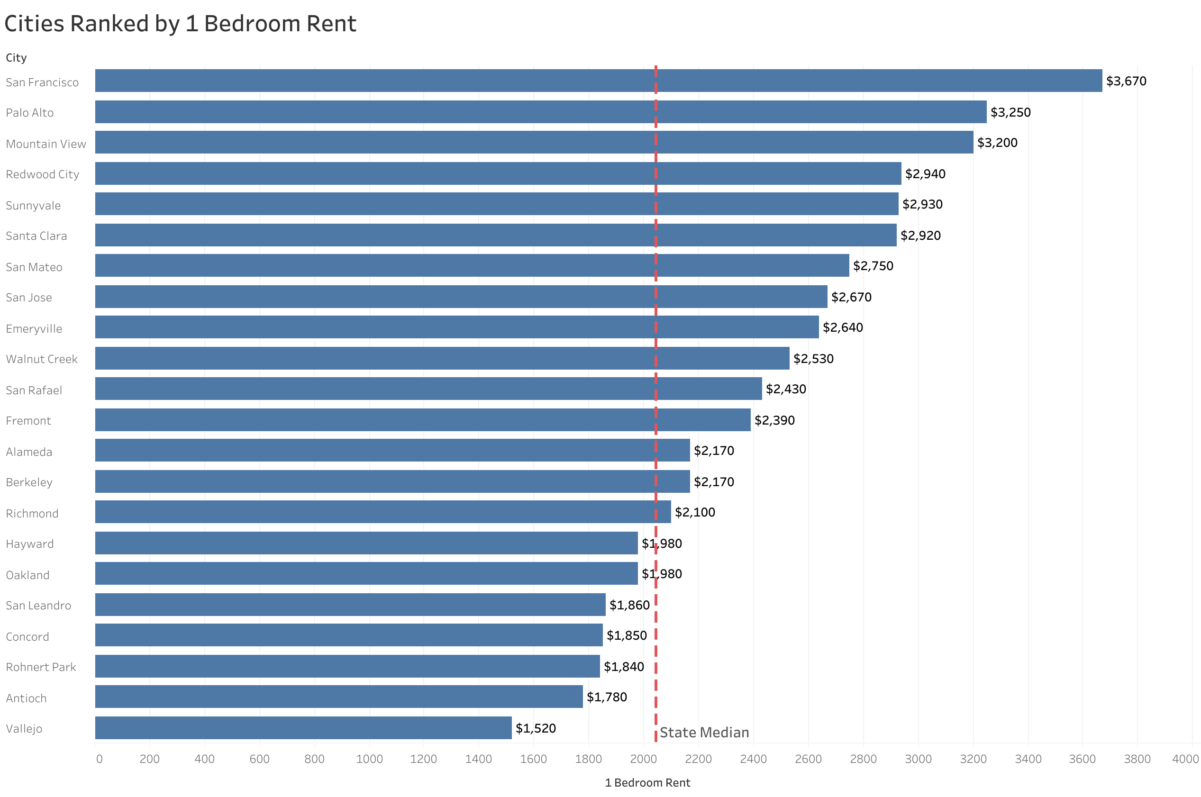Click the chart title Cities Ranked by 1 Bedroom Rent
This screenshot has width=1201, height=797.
[x=180, y=24]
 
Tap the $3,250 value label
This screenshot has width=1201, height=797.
[x=1010, y=112]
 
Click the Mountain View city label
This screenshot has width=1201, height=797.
[x=46, y=144]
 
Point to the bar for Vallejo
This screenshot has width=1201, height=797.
[x=303, y=728]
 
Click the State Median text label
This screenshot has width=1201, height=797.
[x=704, y=733]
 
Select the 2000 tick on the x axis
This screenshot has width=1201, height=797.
[x=643, y=759]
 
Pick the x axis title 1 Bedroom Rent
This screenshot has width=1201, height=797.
[x=647, y=783]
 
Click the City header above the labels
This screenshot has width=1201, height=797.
[x=16, y=58]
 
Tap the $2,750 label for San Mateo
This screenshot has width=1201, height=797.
[x=873, y=266]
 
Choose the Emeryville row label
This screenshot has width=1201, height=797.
[x=34, y=329]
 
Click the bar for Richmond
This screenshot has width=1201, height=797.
[x=382, y=512]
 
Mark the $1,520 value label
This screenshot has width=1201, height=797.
[x=535, y=728]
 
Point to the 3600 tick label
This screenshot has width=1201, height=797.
[x=1082, y=759]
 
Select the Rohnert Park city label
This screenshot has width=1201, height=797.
[x=41, y=667]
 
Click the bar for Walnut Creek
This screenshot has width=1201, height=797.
[x=442, y=358]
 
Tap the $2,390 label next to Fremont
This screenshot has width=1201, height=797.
[x=774, y=420]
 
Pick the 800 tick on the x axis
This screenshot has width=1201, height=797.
[x=314, y=759]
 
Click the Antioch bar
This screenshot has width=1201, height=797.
[x=338, y=697]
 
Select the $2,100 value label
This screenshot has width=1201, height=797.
[x=694, y=512]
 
